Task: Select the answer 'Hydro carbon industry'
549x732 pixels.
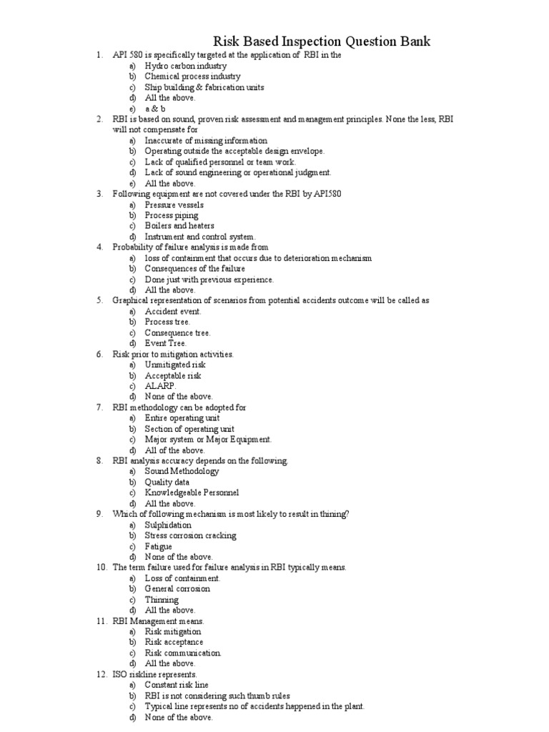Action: click(185, 66)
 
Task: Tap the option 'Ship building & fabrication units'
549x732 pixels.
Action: click(204, 87)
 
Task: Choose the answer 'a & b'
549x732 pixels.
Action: click(155, 109)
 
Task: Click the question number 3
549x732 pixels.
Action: click(100, 194)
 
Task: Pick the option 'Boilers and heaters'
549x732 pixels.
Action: click(179, 226)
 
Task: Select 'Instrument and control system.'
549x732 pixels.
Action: click(200, 237)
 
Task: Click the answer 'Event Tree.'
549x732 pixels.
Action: click(165, 343)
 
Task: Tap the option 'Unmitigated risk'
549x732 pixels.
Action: click(175, 365)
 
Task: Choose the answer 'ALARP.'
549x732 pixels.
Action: click(160, 386)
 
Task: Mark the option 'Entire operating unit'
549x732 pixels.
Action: click(182, 418)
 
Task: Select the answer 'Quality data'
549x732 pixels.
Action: click(169, 482)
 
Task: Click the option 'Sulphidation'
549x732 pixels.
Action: click(168, 525)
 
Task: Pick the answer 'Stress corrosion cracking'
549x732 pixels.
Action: click(190, 535)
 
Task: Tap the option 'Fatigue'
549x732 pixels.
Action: click(158, 546)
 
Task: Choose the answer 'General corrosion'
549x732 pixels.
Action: click(177, 588)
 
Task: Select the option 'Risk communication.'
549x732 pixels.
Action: click(183, 653)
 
